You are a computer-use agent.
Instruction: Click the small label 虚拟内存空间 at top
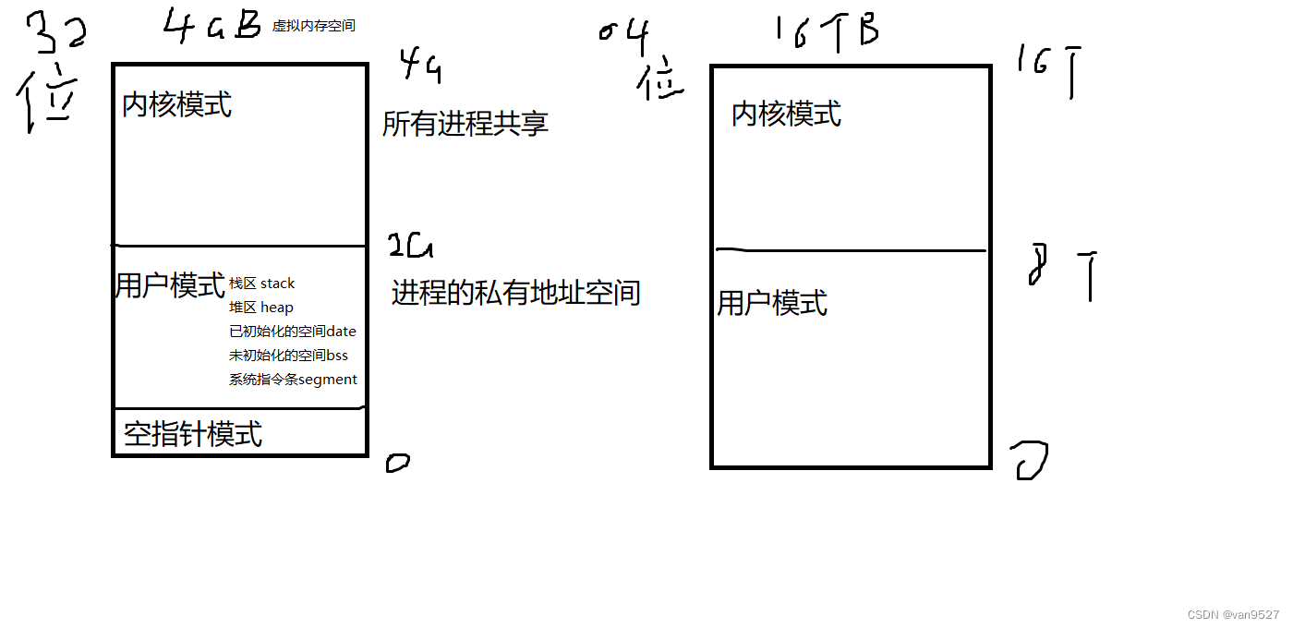[314, 26]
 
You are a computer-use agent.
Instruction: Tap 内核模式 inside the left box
[177, 104]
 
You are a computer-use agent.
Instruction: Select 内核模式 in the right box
[787, 115]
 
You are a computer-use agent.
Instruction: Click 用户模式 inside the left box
[170, 285]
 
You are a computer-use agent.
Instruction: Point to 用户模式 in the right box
[772, 303]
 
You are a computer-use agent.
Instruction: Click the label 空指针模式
[193, 434]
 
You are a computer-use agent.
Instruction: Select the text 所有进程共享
[465, 124]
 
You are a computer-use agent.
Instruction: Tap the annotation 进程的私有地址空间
[515, 294]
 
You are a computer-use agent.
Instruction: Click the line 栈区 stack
[262, 284]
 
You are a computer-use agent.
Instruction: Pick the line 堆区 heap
[261, 308]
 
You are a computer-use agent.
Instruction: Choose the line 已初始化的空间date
[293, 332]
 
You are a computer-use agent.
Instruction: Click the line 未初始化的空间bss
[289, 356]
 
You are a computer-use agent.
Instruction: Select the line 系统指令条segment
[294, 380]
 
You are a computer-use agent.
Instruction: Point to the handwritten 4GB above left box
[213, 26]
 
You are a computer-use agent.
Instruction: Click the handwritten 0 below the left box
[397, 463]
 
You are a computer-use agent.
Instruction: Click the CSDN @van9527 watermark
[1234, 614]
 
